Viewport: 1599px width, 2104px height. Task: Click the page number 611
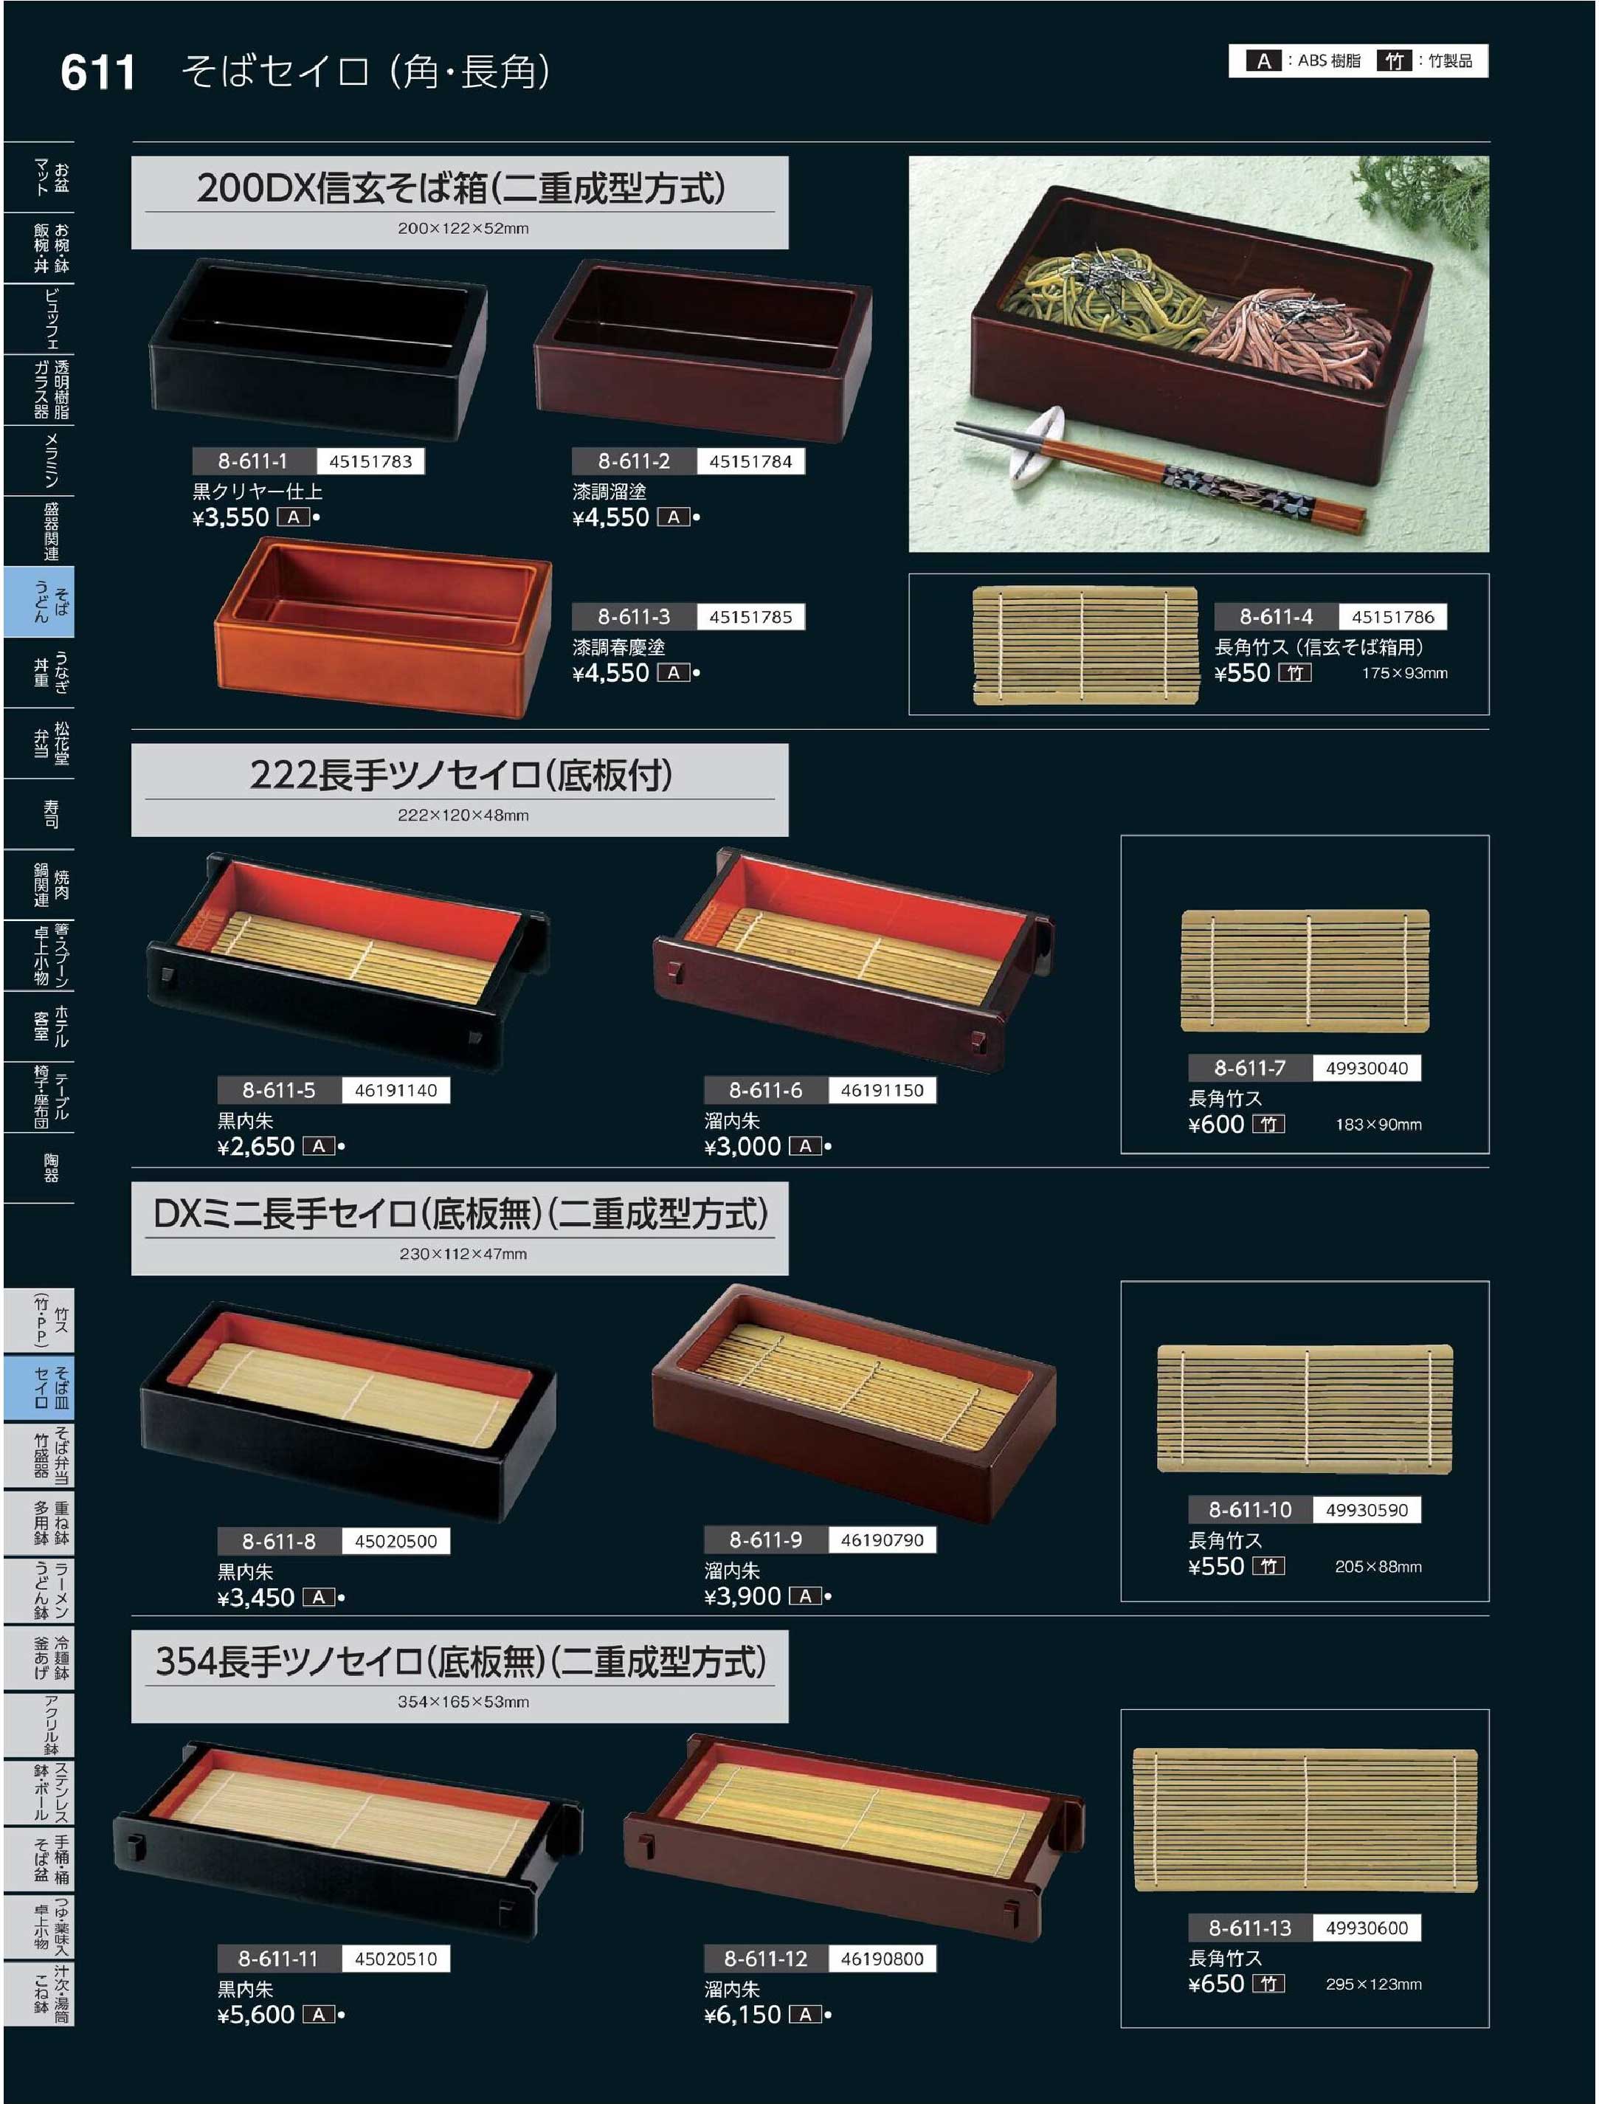[97, 72]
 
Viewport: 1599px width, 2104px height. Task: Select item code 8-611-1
[252, 461]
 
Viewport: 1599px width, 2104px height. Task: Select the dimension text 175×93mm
[1404, 673]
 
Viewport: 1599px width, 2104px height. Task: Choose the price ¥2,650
[256, 1146]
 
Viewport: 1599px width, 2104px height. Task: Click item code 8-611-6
[765, 1090]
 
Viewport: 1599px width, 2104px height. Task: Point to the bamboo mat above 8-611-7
[1305, 971]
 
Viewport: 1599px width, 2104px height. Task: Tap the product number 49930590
[1367, 1509]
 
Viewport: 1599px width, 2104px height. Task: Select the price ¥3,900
[742, 1596]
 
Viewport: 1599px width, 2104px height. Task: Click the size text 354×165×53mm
[463, 1701]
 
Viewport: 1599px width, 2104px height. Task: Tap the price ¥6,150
[742, 2015]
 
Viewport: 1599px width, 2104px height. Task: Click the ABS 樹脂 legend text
[1329, 61]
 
